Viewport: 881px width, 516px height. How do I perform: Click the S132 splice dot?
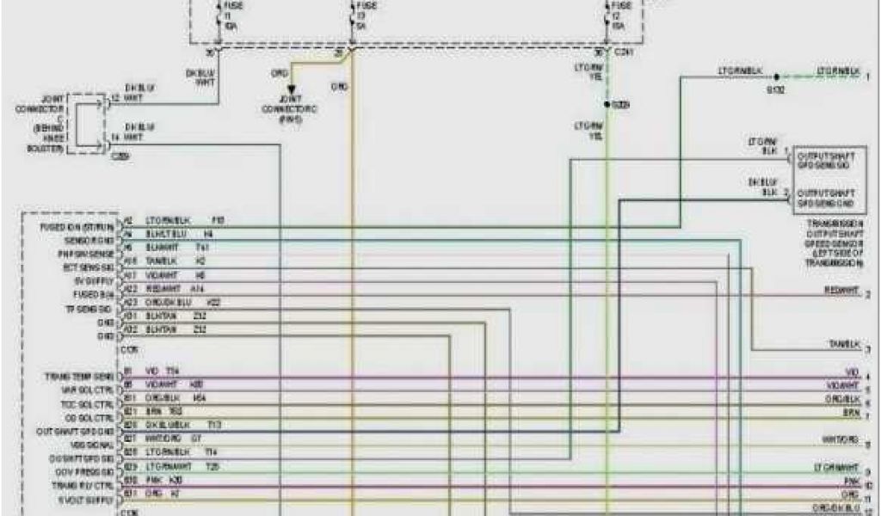pyautogui.click(x=775, y=76)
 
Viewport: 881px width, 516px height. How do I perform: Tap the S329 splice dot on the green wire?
pyautogui.click(x=607, y=104)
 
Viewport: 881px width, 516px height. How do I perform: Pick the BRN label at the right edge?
pyautogui.click(x=851, y=414)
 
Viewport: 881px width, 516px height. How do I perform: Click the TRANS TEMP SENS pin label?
pyautogui.click(x=79, y=377)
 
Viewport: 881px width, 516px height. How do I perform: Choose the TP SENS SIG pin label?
pyautogui.click(x=87, y=308)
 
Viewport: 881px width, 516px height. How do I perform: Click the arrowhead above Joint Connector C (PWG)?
pyautogui.click(x=292, y=88)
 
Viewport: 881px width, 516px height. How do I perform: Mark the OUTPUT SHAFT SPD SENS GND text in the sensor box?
pyautogui.click(x=827, y=199)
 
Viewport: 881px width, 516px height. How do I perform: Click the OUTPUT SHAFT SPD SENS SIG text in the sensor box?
pyautogui.click(x=827, y=162)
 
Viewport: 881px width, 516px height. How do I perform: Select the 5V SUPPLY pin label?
pyautogui.click(x=91, y=281)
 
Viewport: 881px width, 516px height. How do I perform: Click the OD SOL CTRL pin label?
pyautogui.click(x=89, y=417)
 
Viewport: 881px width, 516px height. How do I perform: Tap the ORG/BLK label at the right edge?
pyautogui.click(x=843, y=401)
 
